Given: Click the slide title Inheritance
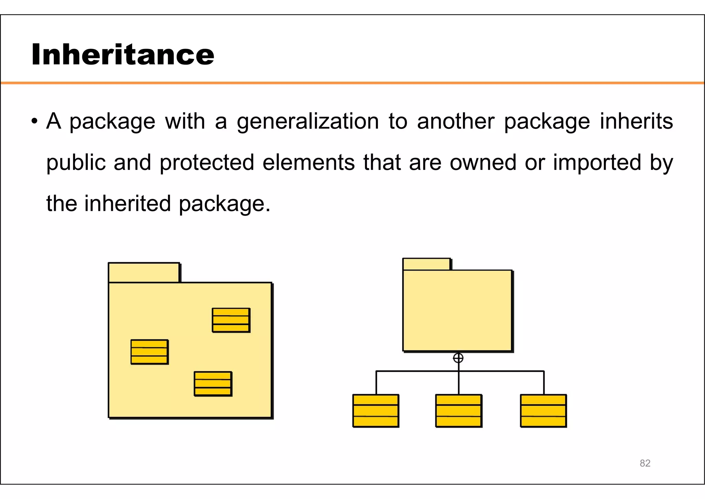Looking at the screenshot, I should [123, 54].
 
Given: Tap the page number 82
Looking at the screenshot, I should [645, 463].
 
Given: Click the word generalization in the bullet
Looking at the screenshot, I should [308, 122].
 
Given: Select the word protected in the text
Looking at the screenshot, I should [207, 163].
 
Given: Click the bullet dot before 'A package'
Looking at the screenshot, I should [34, 122].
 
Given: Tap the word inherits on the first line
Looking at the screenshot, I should [636, 122].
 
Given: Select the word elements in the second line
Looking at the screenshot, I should [308, 163].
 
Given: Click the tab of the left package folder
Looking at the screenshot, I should [144, 273].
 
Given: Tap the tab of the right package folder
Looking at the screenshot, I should [427, 264].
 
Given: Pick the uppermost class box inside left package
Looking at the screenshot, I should [231, 320].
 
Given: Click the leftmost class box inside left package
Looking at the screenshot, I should [149, 352].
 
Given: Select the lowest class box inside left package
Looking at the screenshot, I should [213, 384].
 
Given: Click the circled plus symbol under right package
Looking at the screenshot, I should [458, 358].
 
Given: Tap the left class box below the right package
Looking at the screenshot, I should [376, 411].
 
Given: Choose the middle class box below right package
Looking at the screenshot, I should [459, 411].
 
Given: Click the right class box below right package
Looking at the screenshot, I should [543, 411].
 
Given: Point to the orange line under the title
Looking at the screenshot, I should [352, 83].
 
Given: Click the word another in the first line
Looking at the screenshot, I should [455, 122].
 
